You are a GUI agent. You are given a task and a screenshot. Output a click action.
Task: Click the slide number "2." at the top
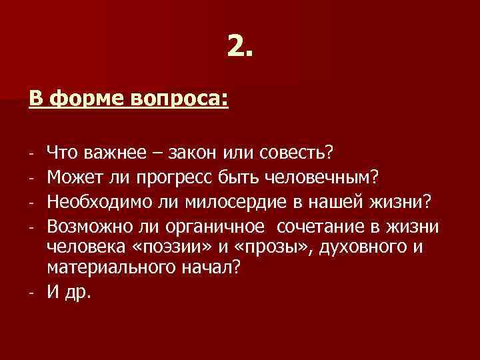pyautogui.click(x=239, y=46)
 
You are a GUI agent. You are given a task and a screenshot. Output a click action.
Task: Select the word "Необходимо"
pyautogui.click(x=95, y=201)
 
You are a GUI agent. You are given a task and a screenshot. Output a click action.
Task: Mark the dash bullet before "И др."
pyautogui.click(x=32, y=295)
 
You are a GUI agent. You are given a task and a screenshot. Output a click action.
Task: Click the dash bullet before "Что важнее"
pyautogui.click(x=32, y=155)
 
